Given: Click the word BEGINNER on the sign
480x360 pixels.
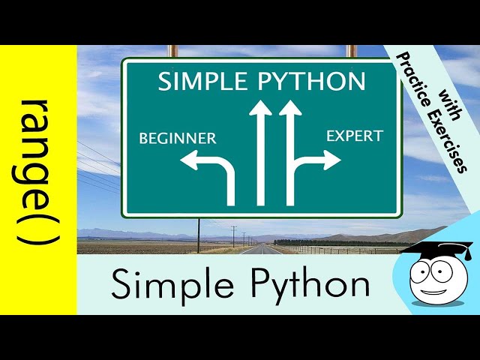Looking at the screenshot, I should tap(178, 138).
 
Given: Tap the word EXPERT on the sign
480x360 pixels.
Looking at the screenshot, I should tap(354, 136).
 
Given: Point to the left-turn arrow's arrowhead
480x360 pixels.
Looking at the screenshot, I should tap(189, 160).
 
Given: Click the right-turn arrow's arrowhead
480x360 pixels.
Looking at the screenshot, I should tap(331, 159).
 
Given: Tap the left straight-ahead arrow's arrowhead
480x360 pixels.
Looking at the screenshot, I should tap(260, 109).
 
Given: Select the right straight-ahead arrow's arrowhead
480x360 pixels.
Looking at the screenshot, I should tap(290, 109).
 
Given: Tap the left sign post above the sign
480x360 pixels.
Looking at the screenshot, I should tap(172, 51).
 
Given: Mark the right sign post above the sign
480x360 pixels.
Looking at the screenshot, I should tap(350, 51).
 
